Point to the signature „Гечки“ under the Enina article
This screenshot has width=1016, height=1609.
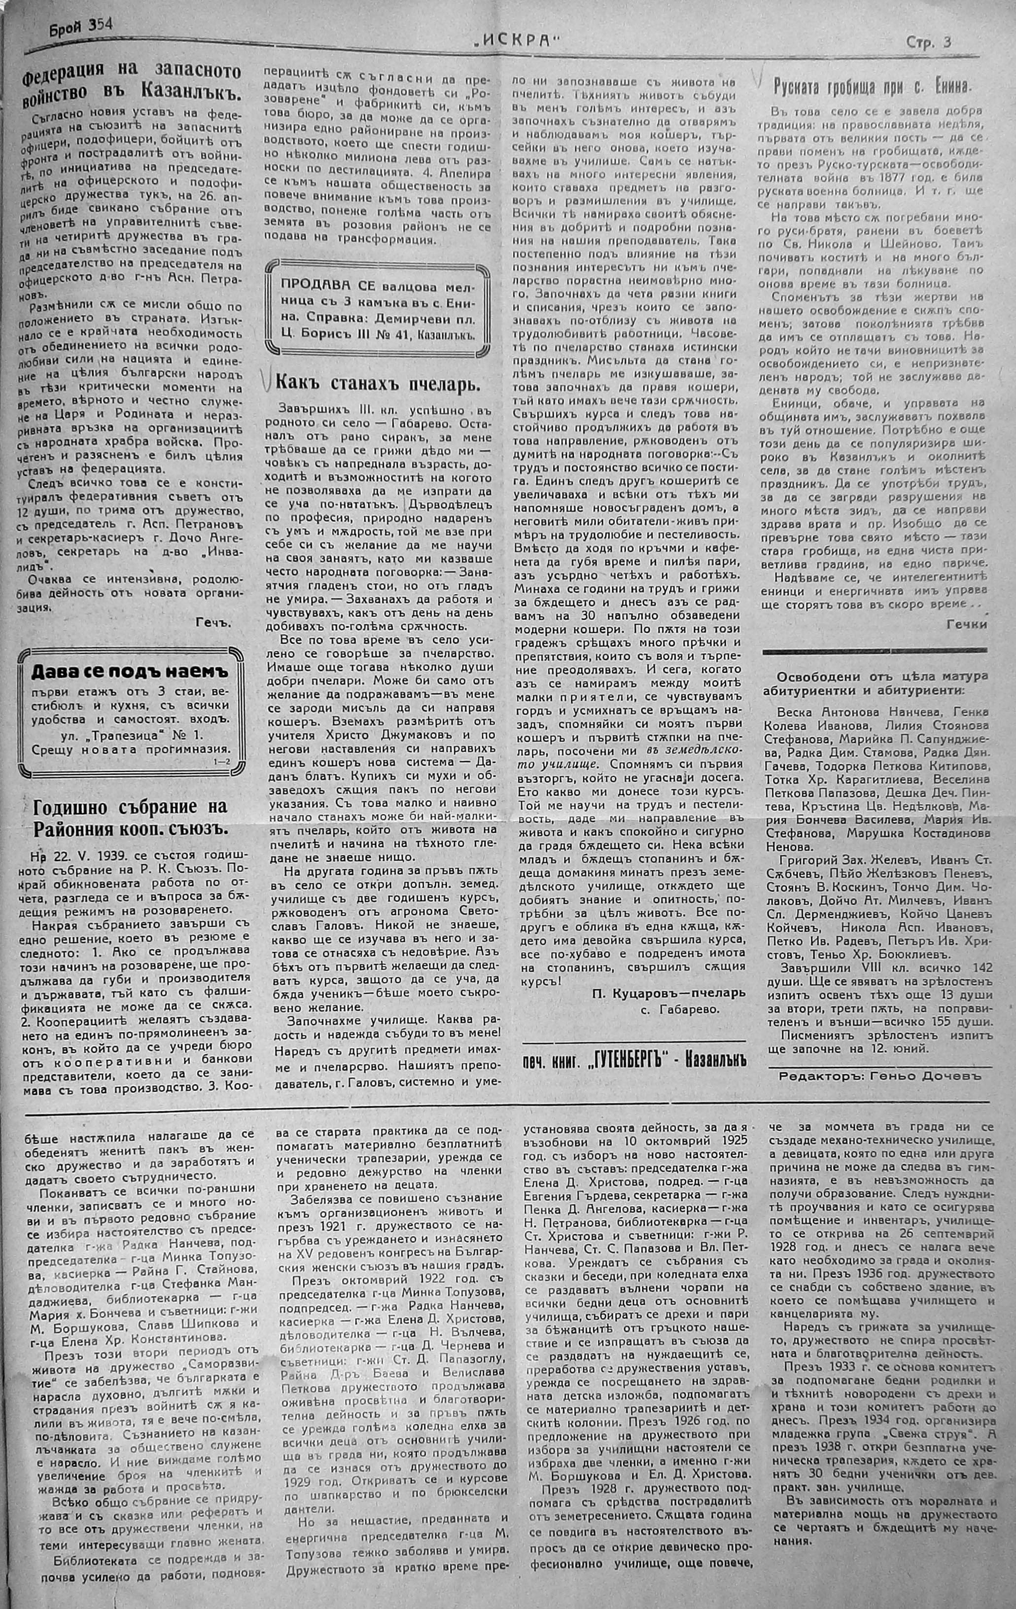click(967, 623)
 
